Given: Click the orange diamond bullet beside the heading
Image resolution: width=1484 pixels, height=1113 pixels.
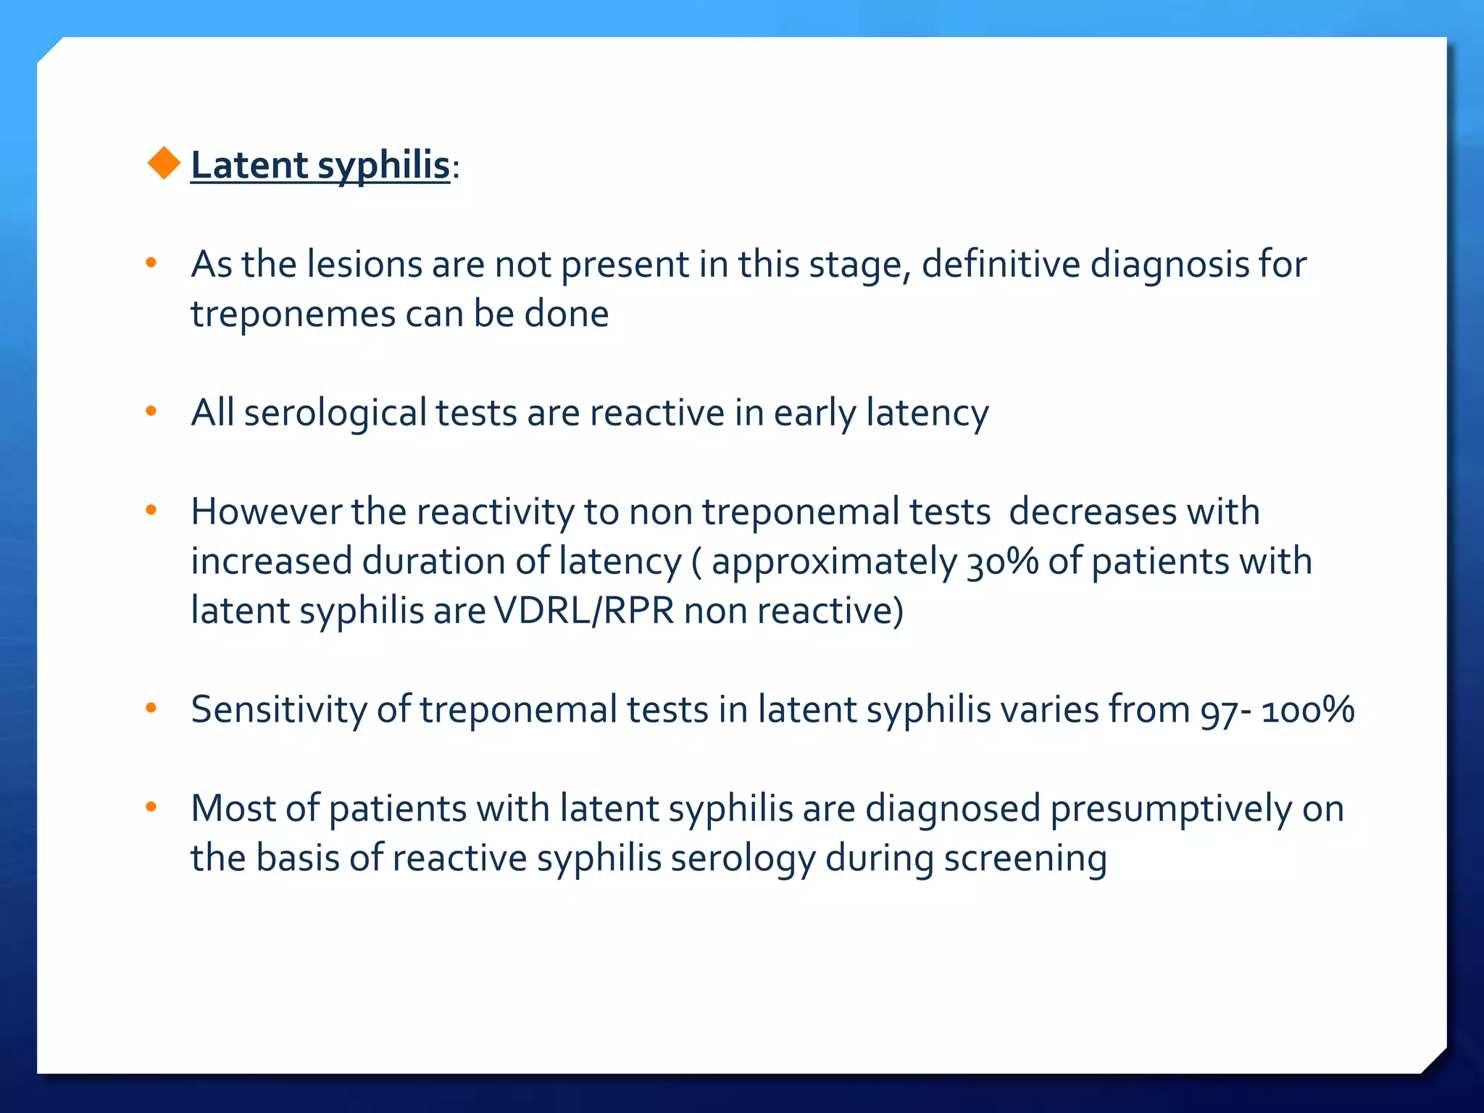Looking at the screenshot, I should point(164,163).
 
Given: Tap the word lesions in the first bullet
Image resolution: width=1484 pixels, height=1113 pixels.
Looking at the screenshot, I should point(364,264).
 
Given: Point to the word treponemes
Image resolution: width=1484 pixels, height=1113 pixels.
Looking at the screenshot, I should point(293,314).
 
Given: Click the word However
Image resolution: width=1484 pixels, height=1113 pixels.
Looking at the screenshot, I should point(265,512).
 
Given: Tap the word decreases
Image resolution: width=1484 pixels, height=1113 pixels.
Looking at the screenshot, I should point(1091,512).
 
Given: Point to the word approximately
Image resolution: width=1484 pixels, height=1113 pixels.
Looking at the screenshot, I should point(833,562).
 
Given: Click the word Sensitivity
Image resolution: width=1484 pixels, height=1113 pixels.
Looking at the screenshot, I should point(278,709).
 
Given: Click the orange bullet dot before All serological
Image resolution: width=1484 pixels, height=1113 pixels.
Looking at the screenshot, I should point(151,412).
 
